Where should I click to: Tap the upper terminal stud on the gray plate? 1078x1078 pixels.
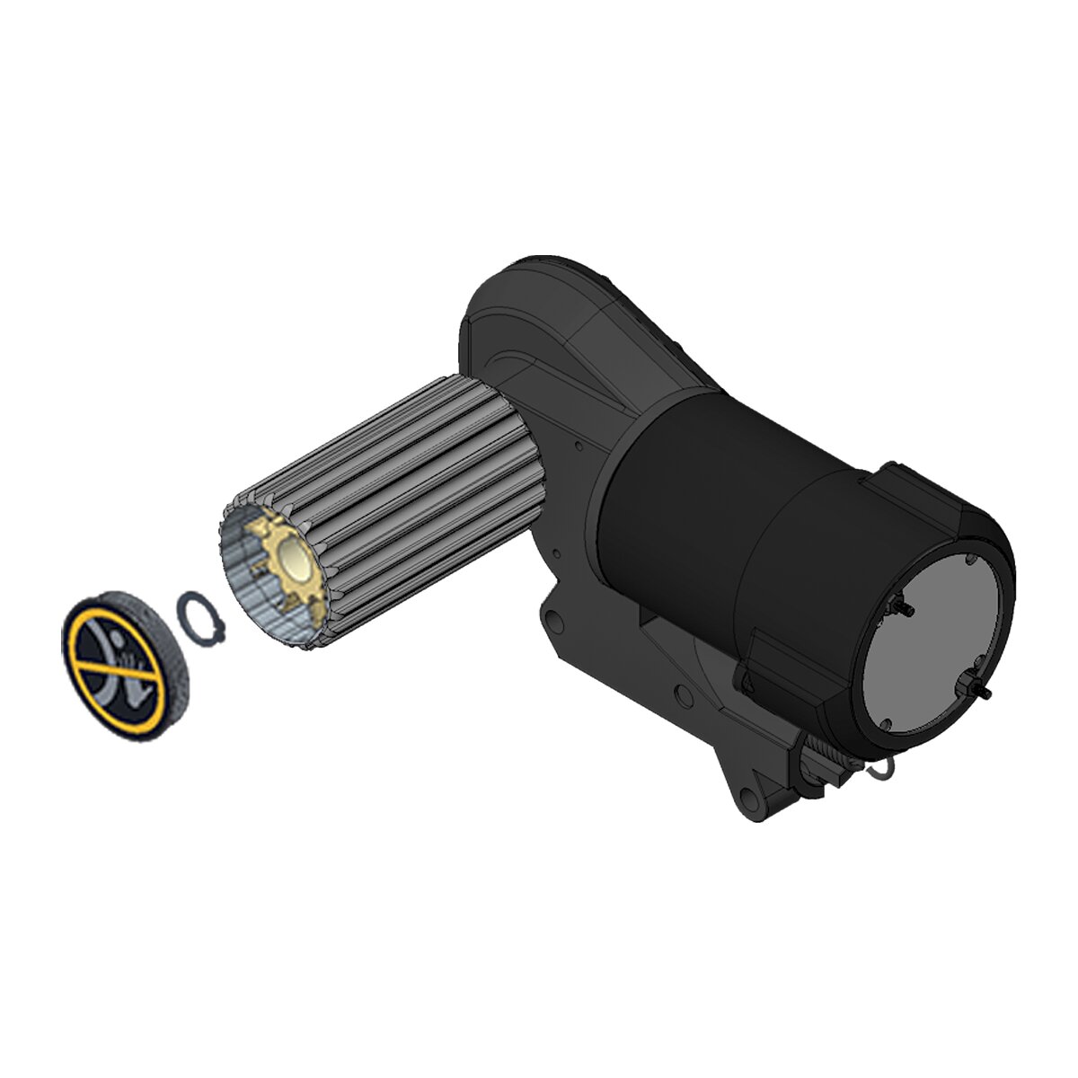(x=903, y=608)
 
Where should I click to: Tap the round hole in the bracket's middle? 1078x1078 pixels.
(x=685, y=693)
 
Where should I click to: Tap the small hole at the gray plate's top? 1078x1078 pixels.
(x=973, y=560)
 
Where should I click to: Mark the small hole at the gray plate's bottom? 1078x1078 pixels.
(x=885, y=723)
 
